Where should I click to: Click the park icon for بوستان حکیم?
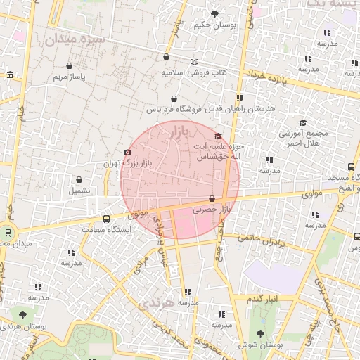pyautogui.click(x=214, y=13)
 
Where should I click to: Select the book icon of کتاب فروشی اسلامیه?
pyautogui.click(x=194, y=62)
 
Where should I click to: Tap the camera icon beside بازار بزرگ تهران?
pyautogui.click(x=127, y=152)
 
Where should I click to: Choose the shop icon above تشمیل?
pyautogui.click(x=79, y=179)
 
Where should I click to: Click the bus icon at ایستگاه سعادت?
pyautogui.click(x=106, y=219)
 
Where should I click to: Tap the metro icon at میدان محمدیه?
pyautogui.click(x=8, y=232)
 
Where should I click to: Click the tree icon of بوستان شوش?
pyautogui.click(x=261, y=334)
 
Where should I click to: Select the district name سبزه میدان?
pyautogui.click(x=75, y=39)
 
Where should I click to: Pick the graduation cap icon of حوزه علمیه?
pyautogui.click(x=218, y=136)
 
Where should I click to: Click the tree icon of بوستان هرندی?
pyautogui.click(x=22, y=315)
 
